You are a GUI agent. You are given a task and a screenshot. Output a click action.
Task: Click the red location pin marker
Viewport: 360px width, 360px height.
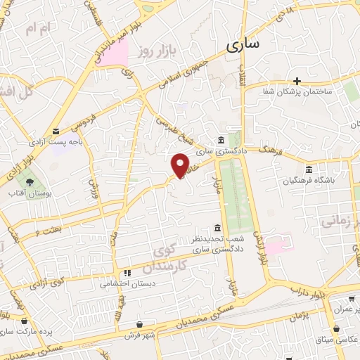coord(181,165)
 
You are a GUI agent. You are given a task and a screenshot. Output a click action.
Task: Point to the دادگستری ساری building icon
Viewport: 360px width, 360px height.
coord(221,139)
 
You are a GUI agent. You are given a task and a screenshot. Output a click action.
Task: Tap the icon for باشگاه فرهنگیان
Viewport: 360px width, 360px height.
coord(310,169)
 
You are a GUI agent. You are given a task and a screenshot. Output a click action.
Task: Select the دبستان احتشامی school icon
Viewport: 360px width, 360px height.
coord(127,273)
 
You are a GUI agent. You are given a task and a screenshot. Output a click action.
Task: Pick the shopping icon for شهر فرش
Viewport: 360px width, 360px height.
coord(141,324)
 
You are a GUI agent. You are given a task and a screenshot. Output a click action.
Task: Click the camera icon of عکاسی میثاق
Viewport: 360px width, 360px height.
coord(338,328)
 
